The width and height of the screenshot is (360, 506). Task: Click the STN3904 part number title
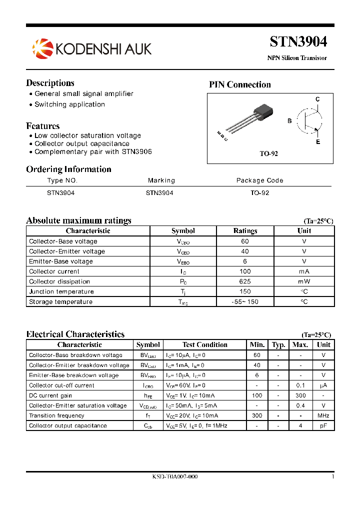click(298, 41)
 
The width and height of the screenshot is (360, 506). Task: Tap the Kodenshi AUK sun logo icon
click(42, 48)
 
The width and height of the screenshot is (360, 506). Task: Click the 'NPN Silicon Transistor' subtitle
click(297, 58)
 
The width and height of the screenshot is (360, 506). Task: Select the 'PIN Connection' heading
click(239, 84)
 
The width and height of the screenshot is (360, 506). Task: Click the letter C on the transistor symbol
click(317, 99)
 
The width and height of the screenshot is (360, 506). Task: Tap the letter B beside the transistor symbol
click(289, 121)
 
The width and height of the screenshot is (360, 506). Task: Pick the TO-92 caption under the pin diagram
click(268, 153)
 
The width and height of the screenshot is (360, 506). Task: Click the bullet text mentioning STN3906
click(93, 151)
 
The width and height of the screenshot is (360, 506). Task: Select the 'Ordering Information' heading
click(68, 169)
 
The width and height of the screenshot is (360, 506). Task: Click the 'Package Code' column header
click(259, 180)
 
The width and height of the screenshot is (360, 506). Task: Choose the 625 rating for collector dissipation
click(245, 281)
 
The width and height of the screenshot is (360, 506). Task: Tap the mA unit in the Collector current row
click(304, 271)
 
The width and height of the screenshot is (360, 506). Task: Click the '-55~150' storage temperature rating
click(245, 302)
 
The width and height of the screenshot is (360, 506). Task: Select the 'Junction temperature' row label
click(61, 291)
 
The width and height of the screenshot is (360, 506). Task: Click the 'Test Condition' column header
click(204, 344)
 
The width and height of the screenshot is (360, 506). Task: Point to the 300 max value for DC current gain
click(300, 395)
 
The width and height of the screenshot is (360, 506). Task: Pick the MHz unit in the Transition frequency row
click(323, 415)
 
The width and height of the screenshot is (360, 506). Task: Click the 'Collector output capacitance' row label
click(68, 425)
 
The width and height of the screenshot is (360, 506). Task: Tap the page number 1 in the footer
click(332, 476)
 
